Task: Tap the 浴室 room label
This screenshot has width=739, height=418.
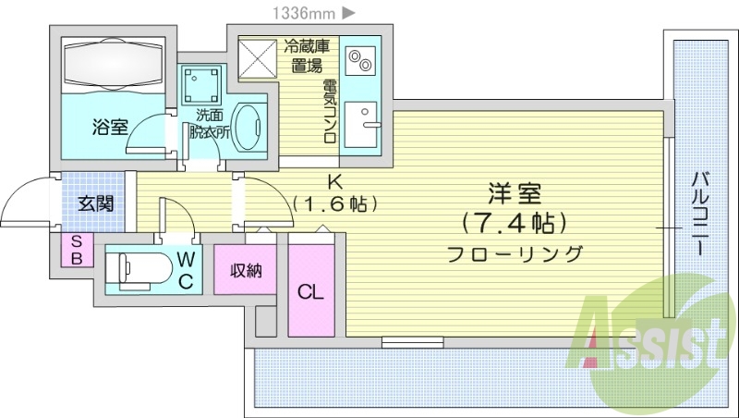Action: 110,128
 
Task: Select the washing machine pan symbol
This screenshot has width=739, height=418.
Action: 201,85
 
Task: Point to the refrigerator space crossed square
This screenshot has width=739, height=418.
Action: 258,58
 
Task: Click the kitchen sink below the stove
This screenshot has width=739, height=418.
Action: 360,125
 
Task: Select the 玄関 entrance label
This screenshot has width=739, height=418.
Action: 95,204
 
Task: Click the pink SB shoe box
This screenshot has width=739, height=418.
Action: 77,250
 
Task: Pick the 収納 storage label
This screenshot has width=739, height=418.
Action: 246,271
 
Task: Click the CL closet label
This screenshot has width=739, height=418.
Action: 310,292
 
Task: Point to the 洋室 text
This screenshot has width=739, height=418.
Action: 515,193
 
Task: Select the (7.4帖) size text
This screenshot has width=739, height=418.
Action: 515,223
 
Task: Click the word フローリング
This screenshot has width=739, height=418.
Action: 515,254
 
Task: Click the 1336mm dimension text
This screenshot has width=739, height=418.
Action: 304,13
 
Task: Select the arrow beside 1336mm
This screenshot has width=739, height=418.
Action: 348,13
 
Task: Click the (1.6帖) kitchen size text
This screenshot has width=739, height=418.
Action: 335,203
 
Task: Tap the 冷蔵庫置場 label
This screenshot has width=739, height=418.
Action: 307,55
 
